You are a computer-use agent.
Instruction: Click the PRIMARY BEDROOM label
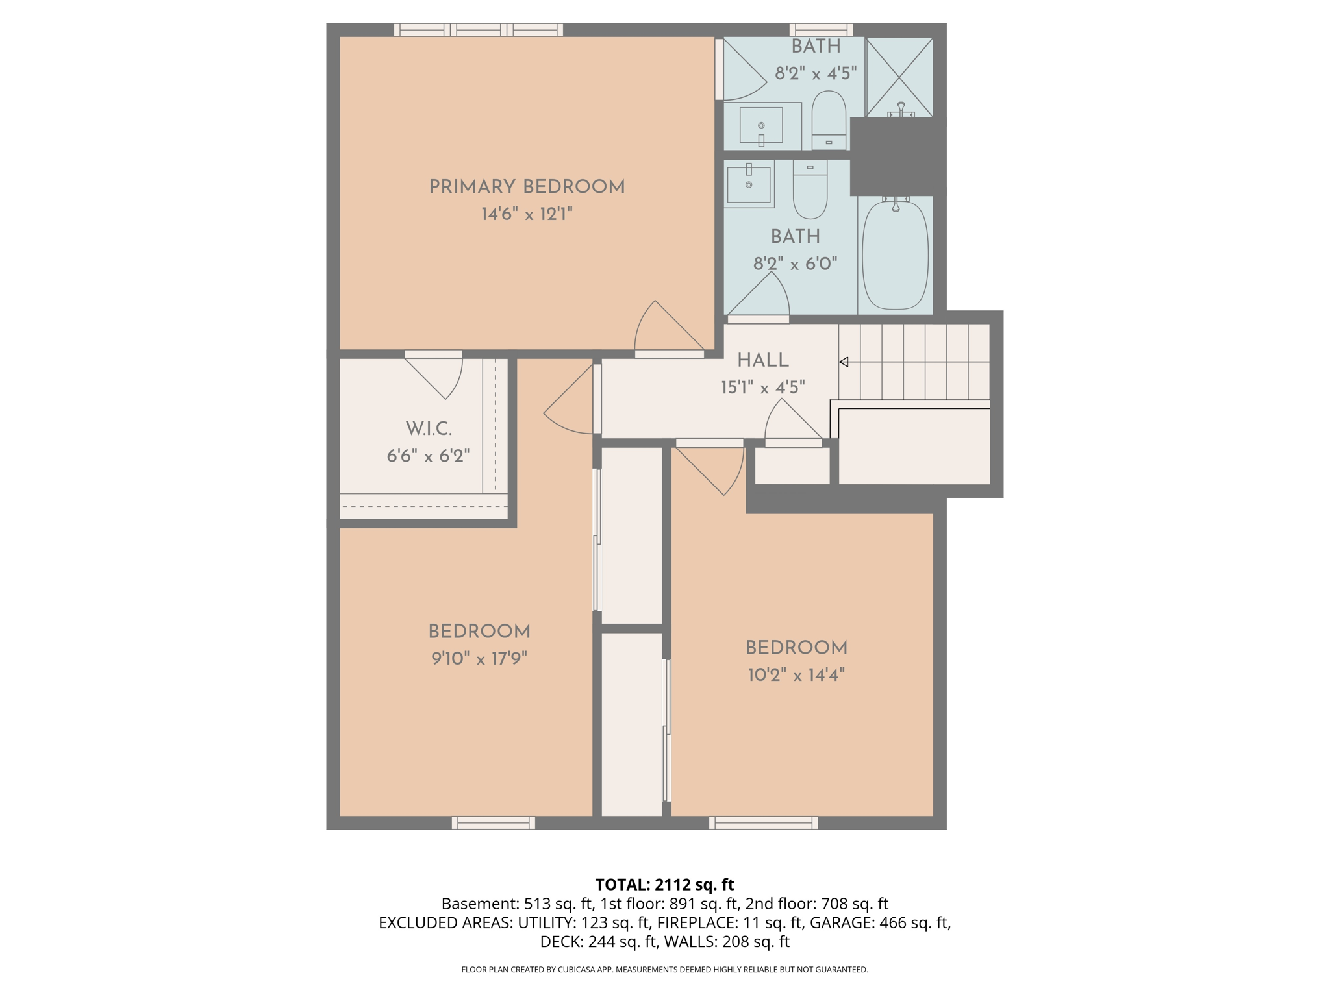coord(526,187)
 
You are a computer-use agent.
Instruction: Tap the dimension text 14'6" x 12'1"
coord(526,214)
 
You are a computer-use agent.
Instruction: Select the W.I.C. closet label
coord(429,428)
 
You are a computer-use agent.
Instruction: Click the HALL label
coord(762,360)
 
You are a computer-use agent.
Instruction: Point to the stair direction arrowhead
coord(844,362)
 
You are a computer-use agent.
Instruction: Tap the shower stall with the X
coord(899,77)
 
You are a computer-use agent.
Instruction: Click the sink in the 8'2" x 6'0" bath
coord(749,184)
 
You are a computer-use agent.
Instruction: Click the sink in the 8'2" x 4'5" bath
coord(761,125)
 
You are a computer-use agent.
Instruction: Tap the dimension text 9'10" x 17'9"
coord(479,659)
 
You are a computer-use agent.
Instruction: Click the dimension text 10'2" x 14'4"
coord(796,675)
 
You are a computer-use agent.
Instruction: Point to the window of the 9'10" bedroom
coord(494,822)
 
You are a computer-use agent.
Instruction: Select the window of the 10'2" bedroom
coord(763,822)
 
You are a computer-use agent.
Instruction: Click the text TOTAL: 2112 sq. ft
coord(664,884)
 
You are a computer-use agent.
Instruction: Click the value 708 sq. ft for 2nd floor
coord(855,904)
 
